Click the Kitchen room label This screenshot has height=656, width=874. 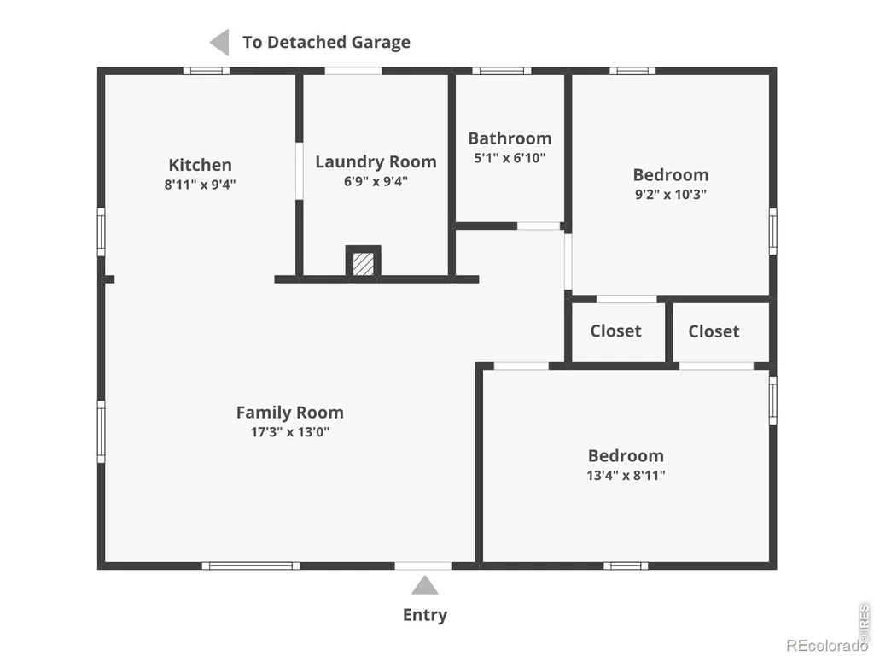coord(200,165)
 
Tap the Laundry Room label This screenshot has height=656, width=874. coord(376,161)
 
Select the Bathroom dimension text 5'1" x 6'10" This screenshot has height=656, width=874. coord(510,158)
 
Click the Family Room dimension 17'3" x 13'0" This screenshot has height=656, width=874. coord(290,431)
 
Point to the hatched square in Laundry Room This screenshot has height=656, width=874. coord(364,263)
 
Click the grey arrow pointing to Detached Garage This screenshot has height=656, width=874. coord(219,43)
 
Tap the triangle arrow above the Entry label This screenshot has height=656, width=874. coord(425,585)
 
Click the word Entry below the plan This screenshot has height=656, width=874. coord(425,615)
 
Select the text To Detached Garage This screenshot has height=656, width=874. coord(326,43)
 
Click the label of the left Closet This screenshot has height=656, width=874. coord(615,331)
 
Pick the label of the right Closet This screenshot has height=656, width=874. coord(714,331)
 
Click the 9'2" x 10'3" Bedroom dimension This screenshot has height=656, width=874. coord(671,195)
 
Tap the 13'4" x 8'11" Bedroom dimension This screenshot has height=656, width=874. coord(626,476)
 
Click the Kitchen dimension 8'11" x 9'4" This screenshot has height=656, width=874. coord(200,184)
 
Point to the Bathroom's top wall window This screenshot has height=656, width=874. coord(502,71)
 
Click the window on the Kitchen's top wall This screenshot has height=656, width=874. coord(207,71)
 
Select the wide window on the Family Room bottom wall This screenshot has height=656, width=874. coord(251,565)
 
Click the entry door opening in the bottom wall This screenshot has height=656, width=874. coord(423,565)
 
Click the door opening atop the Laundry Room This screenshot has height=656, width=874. coord(353,71)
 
